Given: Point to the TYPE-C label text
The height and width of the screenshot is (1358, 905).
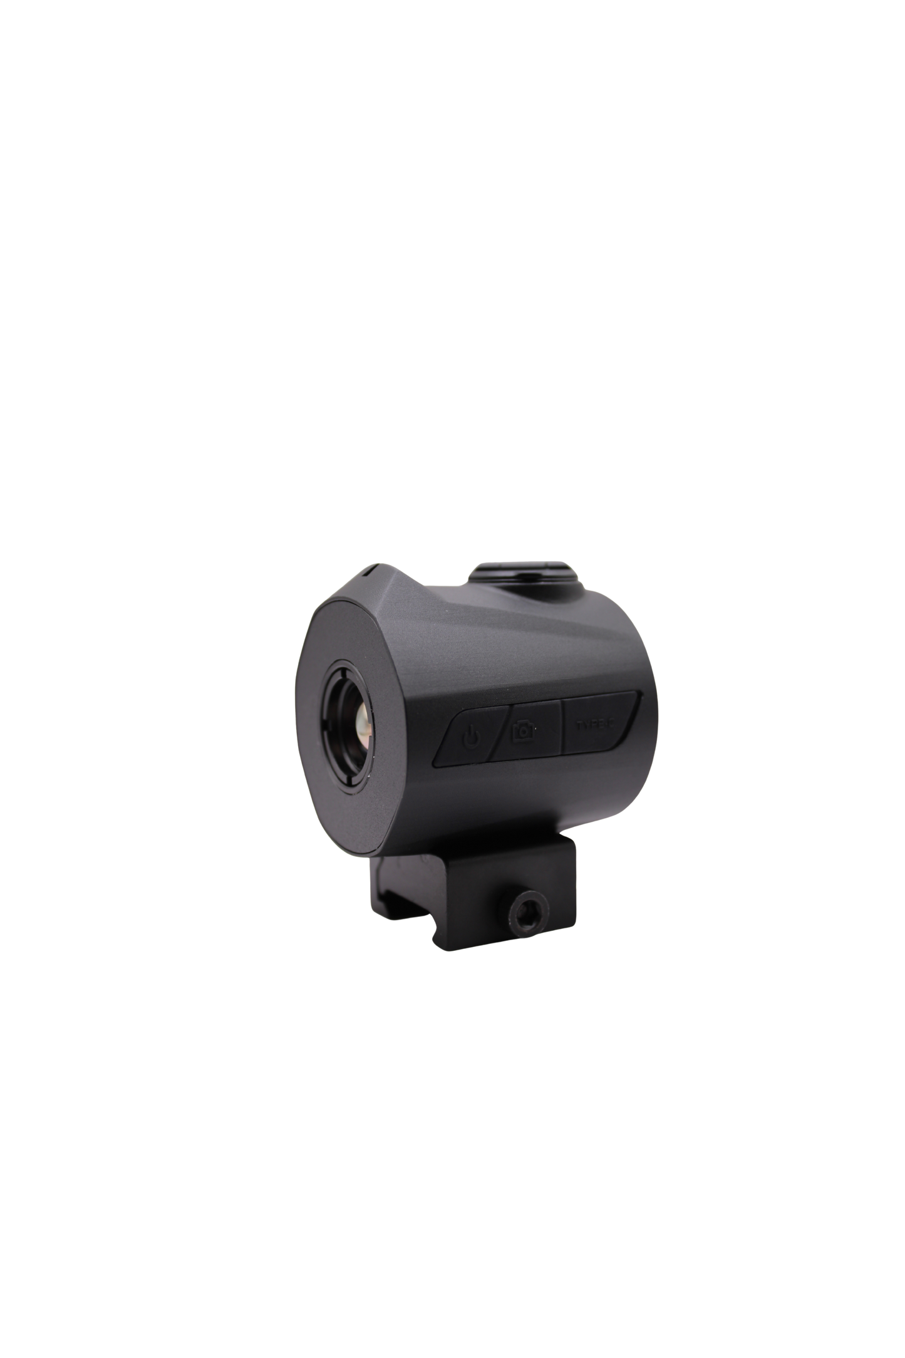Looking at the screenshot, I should [x=595, y=725].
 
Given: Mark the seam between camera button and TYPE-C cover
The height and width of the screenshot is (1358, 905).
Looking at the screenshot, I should [x=562, y=726].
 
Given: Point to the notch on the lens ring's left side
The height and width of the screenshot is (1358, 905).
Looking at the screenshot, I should [x=325, y=720].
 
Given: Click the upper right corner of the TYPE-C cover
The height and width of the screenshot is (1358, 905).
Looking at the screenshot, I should [x=637, y=694].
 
